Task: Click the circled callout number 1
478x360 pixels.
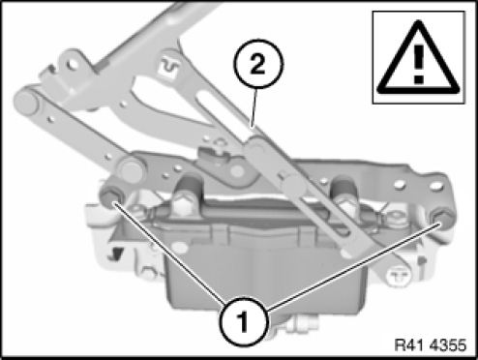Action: pos(244,321)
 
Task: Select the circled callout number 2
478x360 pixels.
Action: pos(257,64)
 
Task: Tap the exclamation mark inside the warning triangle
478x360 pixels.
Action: pos(419,64)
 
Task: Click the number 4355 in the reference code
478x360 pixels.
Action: pos(448,345)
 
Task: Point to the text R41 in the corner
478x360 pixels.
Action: pos(410,345)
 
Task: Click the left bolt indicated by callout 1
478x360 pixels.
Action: pos(111,195)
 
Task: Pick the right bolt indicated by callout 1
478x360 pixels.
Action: pos(442,219)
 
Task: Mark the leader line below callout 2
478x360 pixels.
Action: pos(254,107)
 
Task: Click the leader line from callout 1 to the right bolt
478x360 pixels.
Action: pos(353,267)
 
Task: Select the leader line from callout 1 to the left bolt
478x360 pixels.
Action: pos(167,252)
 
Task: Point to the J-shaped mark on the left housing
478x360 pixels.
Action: pos(115,254)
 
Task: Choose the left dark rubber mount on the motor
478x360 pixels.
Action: pos(188,188)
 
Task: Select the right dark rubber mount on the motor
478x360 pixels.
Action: pos(345,189)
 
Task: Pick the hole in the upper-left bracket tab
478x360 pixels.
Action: pos(74,64)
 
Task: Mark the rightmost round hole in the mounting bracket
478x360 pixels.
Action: pos(436,186)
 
